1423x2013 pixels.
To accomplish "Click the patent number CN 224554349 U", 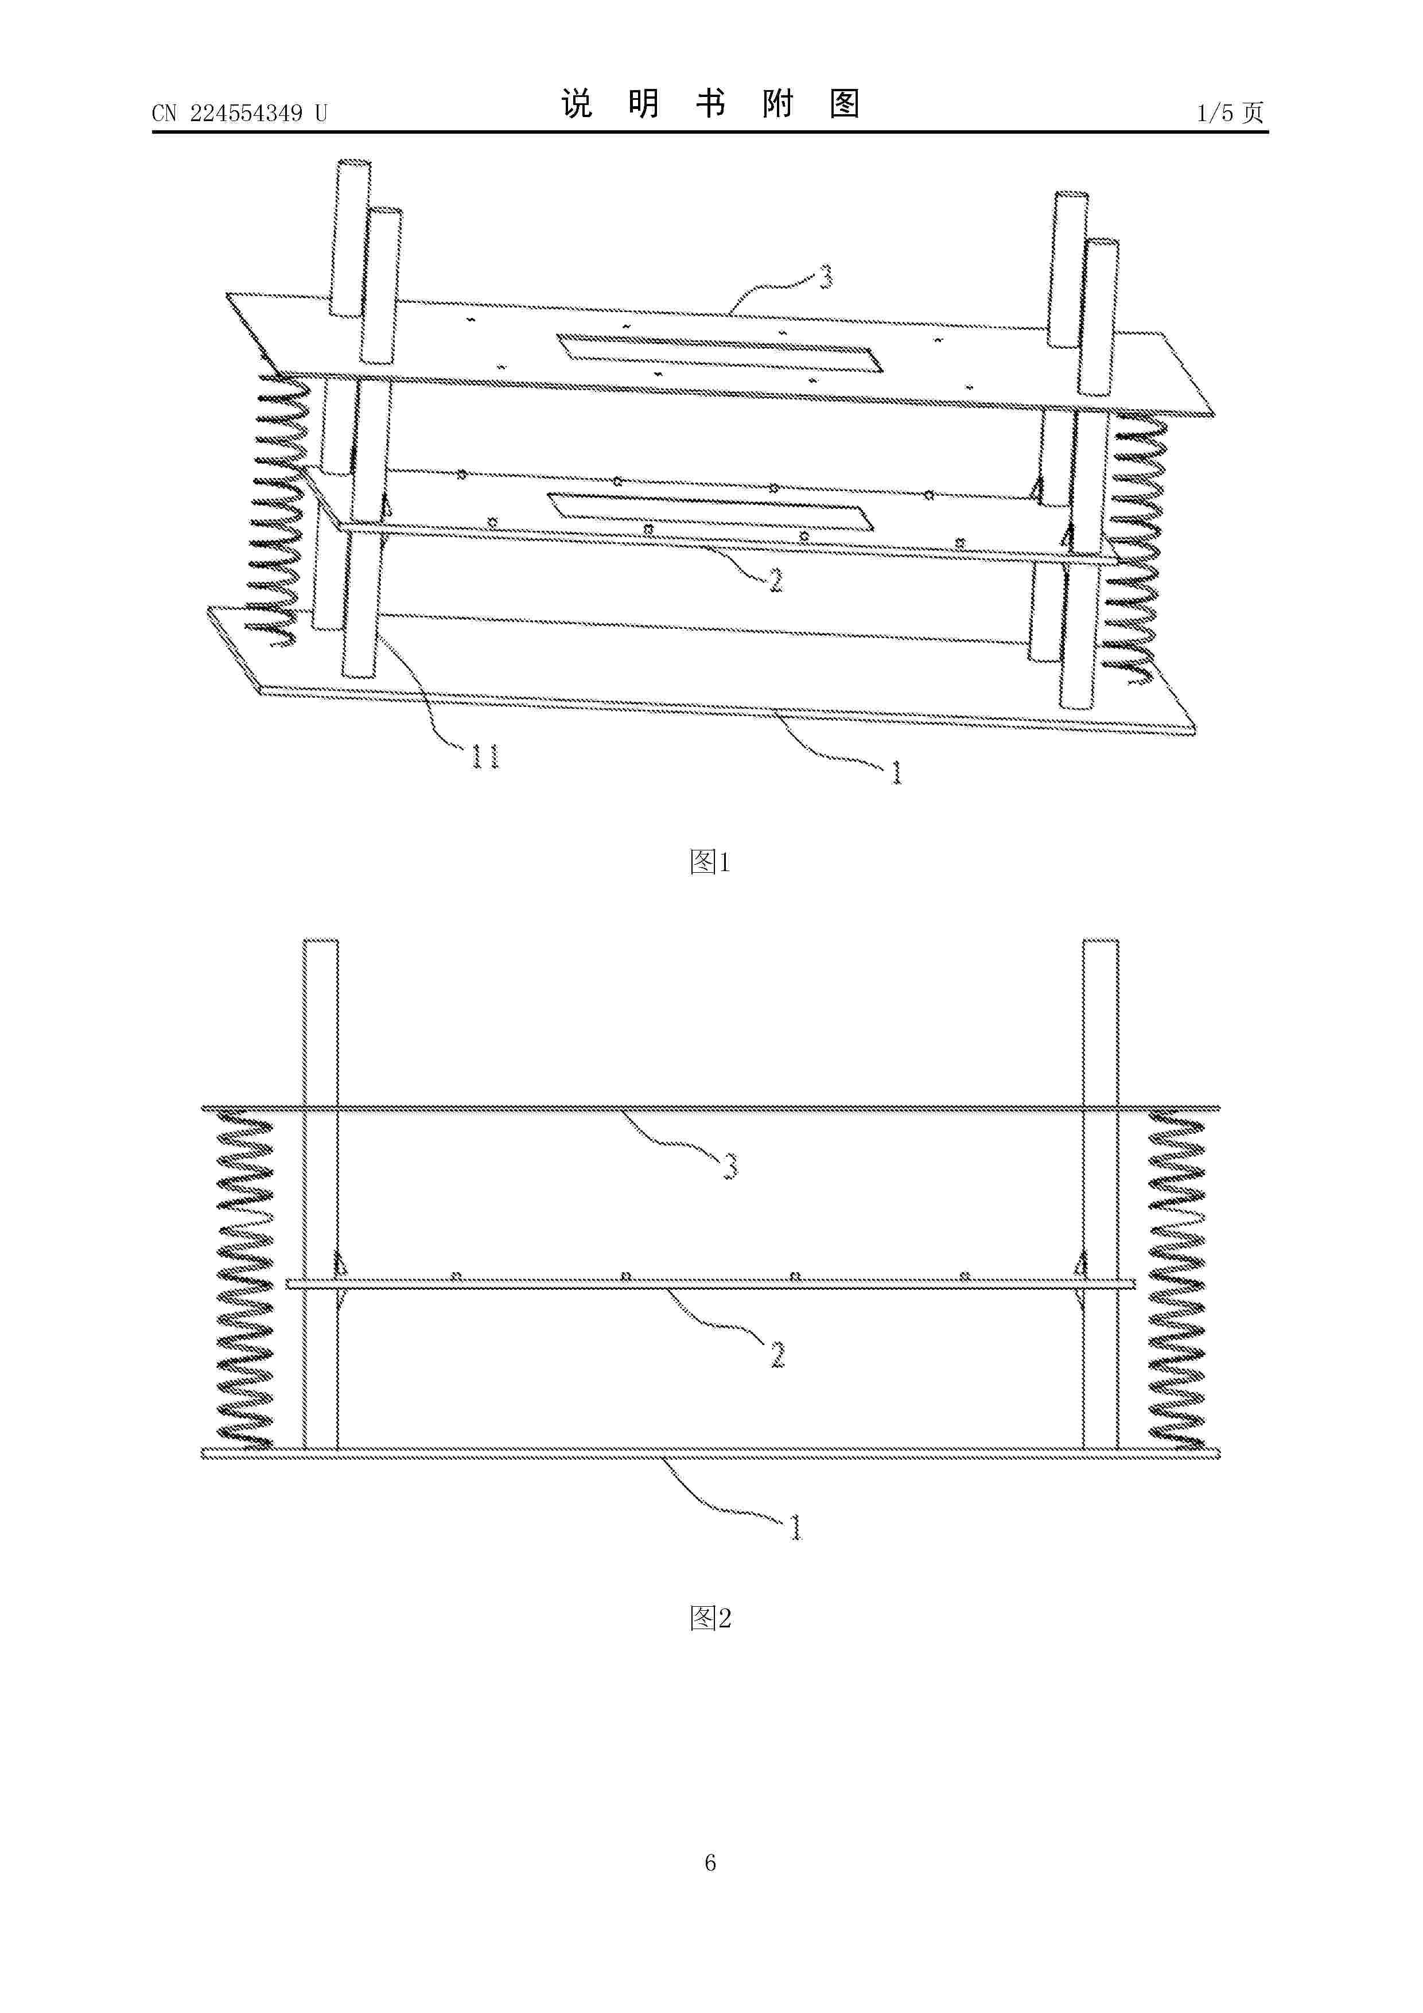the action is click(x=239, y=113).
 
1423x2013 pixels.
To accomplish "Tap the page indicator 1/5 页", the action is click(x=1231, y=113).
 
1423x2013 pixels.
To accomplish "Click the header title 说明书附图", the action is click(x=710, y=104).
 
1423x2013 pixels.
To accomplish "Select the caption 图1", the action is click(x=710, y=862).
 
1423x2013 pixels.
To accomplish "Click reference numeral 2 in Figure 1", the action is click(x=775, y=580).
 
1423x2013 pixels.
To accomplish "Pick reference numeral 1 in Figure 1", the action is click(x=896, y=772).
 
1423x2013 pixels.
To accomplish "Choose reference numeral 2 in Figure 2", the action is click(x=777, y=1355).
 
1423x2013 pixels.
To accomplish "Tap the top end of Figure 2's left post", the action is click(x=321, y=942).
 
